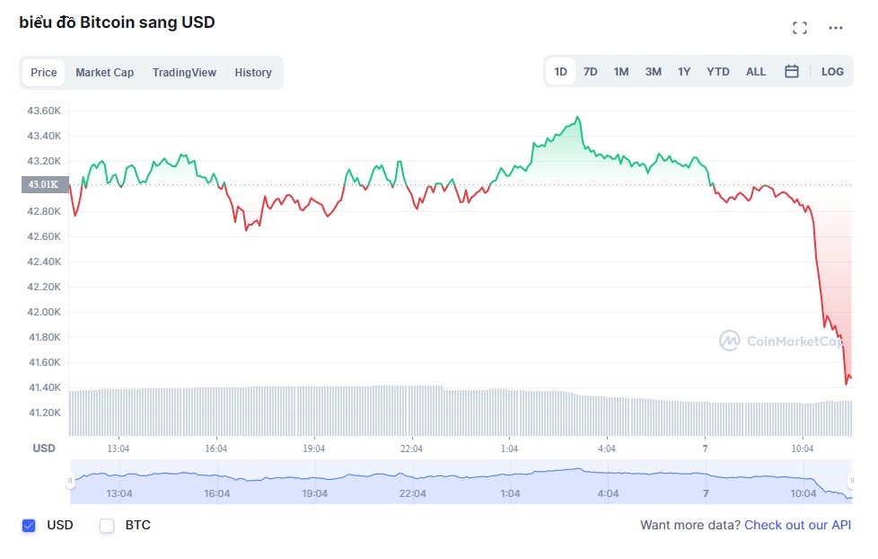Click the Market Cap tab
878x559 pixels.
point(104,73)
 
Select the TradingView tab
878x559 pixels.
point(184,73)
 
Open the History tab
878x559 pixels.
point(253,73)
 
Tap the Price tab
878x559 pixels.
point(43,73)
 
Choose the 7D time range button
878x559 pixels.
point(590,72)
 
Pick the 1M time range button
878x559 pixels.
point(620,72)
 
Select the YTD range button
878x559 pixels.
point(717,72)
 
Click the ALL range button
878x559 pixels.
point(756,72)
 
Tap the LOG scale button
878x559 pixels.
point(832,72)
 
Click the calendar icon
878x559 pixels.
point(792,72)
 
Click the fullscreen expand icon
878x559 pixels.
point(800,28)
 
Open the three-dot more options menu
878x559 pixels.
point(836,28)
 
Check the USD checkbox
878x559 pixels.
point(29,526)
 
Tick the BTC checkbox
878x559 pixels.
point(107,526)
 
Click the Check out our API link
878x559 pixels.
point(797,525)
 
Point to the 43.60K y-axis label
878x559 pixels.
point(44,111)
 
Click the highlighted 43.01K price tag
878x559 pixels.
point(42,185)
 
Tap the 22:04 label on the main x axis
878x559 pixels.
point(411,448)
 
